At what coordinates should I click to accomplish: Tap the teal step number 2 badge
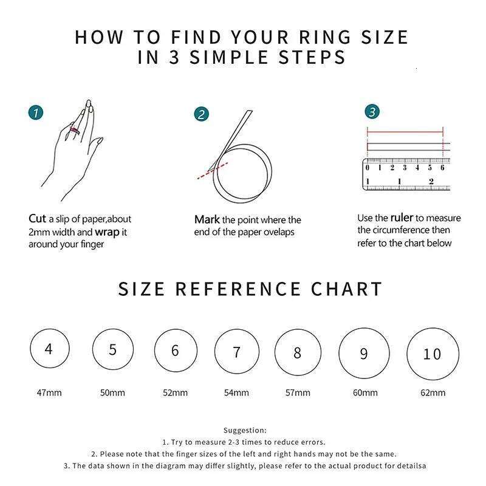202,114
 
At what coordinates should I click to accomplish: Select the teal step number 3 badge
372,112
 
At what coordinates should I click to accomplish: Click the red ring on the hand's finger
75,129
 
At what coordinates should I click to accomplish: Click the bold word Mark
207,219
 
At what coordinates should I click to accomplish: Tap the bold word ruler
402,217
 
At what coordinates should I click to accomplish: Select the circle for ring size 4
49,349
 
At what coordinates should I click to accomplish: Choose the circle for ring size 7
236,352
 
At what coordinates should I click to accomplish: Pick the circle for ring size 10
431,354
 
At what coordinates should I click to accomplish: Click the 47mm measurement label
49,392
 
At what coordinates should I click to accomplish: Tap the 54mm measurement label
236,392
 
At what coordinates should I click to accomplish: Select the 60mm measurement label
365,392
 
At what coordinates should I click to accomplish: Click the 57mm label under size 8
298,392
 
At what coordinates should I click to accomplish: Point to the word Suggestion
244,430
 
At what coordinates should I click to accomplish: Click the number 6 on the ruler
442,168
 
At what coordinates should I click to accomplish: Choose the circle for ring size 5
112,349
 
